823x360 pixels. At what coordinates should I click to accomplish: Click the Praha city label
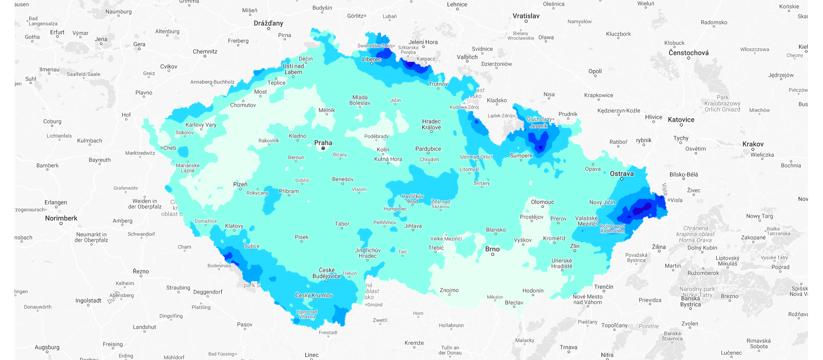pos(323,143)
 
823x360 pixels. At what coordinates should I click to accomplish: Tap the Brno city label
pos(492,249)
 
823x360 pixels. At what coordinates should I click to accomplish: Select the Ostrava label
pos(622,174)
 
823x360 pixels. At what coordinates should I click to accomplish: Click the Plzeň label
pos(240,184)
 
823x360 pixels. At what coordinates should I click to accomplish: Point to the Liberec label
pos(371,59)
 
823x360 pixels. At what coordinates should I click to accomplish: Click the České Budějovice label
pos(327,273)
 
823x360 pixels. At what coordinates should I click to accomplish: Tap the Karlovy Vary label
pos(201,125)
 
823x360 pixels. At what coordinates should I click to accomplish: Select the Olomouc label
pos(542,202)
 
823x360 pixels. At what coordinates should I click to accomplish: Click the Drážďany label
pos(268,23)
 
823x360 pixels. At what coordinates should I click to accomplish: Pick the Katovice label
pos(681,120)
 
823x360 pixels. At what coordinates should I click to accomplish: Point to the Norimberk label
pos(61,218)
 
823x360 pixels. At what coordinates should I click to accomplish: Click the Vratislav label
pos(526,16)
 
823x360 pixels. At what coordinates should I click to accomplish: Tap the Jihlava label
pos(413,226)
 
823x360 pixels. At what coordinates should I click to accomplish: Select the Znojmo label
pos(449,290)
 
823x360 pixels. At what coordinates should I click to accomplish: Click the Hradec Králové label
pos(431,124)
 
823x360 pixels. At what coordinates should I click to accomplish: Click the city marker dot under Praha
pos(323,148)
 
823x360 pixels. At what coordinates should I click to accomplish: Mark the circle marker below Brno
pos(493,255)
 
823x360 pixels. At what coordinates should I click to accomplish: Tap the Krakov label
pos(753,144)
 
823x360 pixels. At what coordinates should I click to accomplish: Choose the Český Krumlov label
pos(314,295)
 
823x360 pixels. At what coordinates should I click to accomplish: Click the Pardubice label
pos(428,149)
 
